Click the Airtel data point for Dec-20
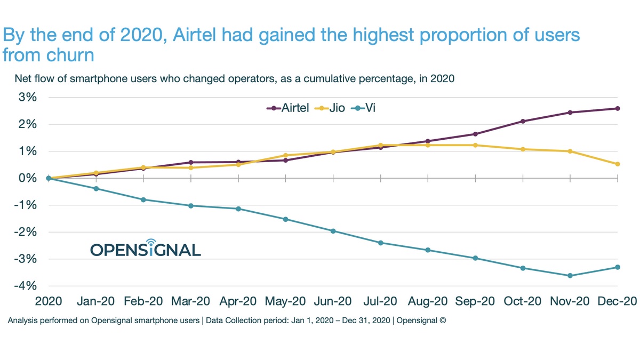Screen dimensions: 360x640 [618, 108]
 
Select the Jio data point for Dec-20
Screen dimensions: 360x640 [618, 164]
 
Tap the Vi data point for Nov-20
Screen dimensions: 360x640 [570, 276]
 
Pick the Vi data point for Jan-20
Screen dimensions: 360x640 [96, 189]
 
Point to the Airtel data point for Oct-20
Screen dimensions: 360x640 [523, 122]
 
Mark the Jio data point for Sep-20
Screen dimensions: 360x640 [475, 145]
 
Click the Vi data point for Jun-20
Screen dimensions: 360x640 [333, 231]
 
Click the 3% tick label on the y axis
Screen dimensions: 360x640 [27, 98]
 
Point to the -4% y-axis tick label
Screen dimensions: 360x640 [25, 286]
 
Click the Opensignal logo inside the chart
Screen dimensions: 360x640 [145, 248]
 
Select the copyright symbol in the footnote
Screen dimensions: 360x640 [442, 321]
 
